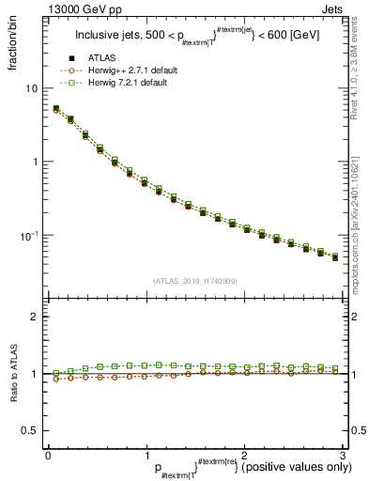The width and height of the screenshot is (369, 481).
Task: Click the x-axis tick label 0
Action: point(48,454)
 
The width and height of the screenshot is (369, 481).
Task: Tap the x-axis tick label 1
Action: point(146,454)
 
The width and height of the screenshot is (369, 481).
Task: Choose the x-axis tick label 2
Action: point(243,454)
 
